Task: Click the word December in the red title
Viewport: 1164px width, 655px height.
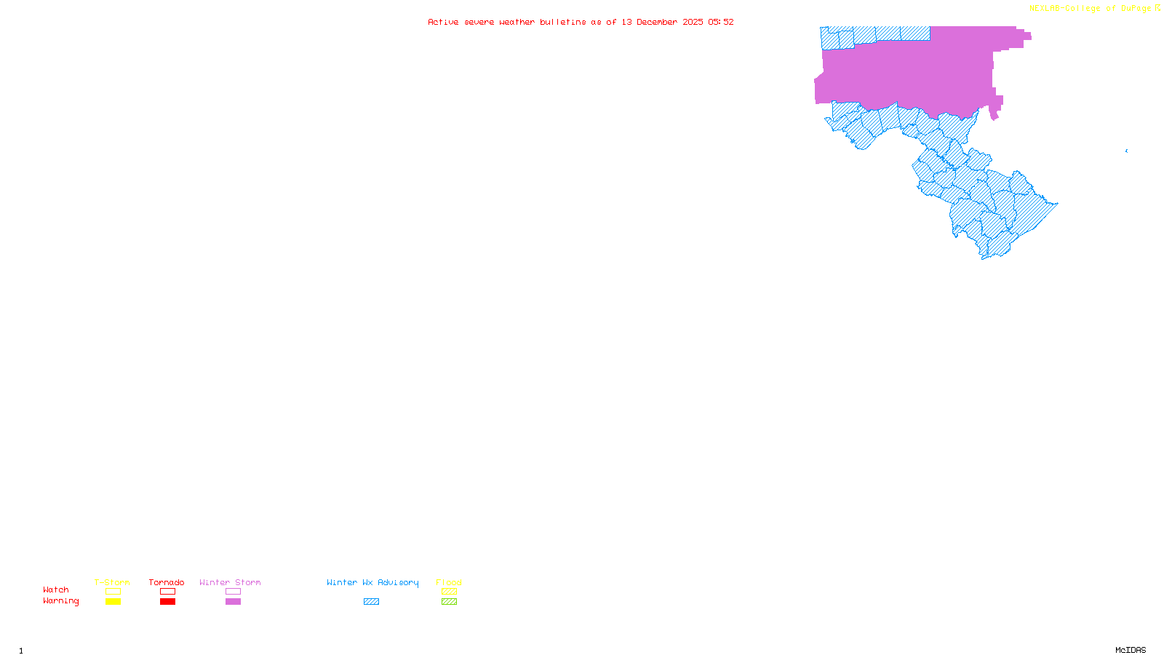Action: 657,22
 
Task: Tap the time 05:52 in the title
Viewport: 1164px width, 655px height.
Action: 720,22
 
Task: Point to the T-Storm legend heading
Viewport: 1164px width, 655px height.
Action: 112,582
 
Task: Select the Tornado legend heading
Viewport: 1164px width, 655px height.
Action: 167,582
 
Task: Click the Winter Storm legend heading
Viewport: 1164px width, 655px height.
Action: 230,582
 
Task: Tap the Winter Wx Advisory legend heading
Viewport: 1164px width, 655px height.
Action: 372,582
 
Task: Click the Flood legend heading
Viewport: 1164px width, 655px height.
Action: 449,582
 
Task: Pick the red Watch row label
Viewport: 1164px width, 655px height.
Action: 56,589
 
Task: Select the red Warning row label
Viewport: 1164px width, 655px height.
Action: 61,601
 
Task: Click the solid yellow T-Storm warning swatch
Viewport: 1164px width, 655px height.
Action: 113,602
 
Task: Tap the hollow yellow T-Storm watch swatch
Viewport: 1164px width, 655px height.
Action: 113,592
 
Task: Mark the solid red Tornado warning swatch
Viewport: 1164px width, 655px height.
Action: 167,602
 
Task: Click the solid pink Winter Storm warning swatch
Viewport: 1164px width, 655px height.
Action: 233,602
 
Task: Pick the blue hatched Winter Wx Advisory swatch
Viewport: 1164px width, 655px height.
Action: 371,602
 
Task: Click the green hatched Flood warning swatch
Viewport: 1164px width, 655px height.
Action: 449,602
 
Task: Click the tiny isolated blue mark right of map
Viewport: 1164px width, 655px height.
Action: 1126,151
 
